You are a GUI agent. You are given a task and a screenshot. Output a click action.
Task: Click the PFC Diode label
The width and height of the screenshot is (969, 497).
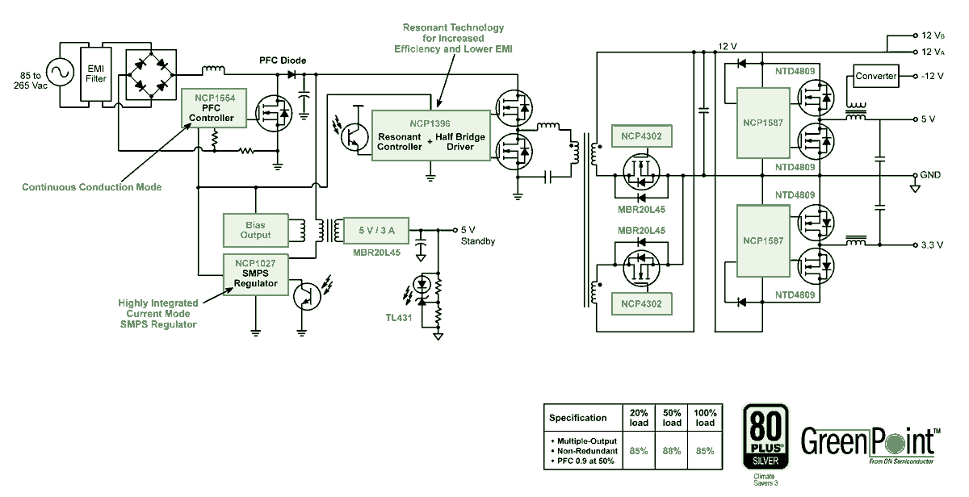tap(283, 61)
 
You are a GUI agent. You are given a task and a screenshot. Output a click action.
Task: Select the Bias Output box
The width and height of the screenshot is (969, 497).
tap(255, 229)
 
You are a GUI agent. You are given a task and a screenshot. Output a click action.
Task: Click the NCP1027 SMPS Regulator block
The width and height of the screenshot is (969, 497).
tap(255, 273)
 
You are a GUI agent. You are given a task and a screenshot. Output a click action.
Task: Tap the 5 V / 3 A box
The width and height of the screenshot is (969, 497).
tap(375, 230)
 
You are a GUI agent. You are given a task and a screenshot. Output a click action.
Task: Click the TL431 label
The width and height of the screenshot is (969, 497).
tap(399, 317)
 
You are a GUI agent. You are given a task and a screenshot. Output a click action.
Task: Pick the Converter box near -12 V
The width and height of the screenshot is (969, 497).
tap(876, 77)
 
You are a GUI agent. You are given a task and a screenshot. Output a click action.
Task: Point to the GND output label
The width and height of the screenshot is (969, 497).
tap(929, 175)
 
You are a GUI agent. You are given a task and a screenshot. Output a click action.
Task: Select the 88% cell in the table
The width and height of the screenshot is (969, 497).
tap(672, 451)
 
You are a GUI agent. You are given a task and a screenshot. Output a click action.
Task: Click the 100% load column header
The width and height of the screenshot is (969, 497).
tap(705, 417)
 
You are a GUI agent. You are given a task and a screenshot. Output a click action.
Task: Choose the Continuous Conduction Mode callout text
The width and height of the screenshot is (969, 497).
tap(91, 187)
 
